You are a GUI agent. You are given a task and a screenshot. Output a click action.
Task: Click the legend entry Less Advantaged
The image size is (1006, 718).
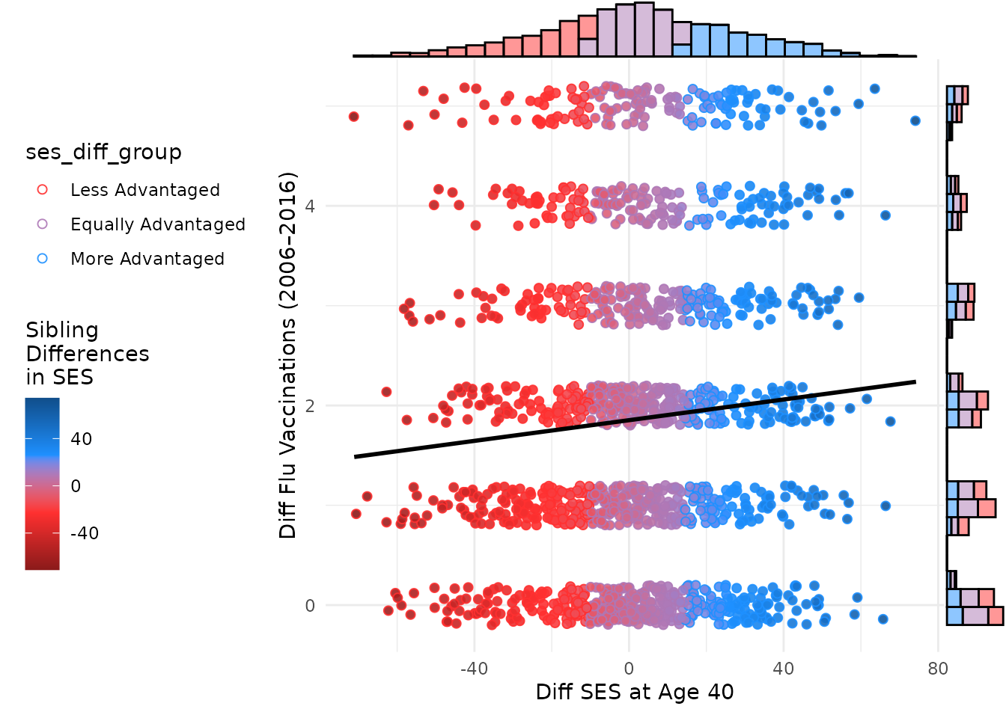point(144,190)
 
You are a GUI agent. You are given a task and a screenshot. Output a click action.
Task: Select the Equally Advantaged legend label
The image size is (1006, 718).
point(157,224)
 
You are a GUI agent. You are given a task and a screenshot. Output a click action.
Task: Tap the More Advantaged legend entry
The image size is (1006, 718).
point(147,259)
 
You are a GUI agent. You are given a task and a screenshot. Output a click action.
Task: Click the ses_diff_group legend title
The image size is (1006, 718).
point(103,153)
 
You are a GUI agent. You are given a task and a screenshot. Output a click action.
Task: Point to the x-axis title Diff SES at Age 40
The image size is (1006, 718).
point(634,693)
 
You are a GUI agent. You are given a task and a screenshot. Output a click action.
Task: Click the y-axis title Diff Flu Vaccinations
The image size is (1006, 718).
point(288,355)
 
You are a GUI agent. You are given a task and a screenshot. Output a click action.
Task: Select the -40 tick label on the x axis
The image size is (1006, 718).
point(473,669)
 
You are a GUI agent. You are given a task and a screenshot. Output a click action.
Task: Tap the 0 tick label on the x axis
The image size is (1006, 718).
point(629,669)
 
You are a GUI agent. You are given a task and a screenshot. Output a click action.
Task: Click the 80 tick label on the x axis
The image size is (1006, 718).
point(938,669)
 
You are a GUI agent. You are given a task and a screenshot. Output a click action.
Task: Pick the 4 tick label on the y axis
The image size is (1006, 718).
point(310,206)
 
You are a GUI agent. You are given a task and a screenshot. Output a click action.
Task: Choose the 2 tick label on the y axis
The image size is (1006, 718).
point(310,405)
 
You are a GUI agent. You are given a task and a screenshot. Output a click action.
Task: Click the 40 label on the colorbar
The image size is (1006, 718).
point(81,439)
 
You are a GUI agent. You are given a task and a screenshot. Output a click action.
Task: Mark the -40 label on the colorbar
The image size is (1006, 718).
point(84,533)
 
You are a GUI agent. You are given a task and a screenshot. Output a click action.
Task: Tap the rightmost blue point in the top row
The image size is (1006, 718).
point(915,120)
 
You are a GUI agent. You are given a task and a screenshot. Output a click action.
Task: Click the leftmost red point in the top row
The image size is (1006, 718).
point(353,117)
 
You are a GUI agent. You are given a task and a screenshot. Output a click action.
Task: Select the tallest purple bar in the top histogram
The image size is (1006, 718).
point(644,30)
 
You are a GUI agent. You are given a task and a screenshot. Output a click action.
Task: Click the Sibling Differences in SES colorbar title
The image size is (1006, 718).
point(87,353)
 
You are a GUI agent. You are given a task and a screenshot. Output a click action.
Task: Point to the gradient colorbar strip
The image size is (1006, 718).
point(42,484)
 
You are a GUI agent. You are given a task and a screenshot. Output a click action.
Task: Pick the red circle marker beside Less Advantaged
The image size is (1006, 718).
point(43,190)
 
